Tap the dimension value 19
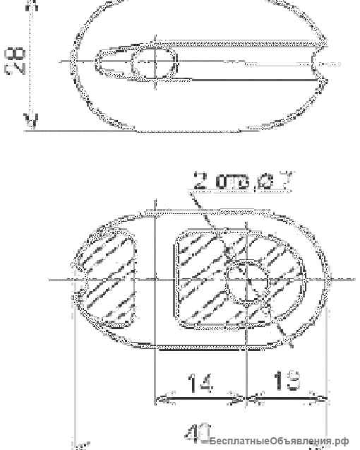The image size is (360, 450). (287, 382)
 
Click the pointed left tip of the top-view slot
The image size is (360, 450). (96, 62)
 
